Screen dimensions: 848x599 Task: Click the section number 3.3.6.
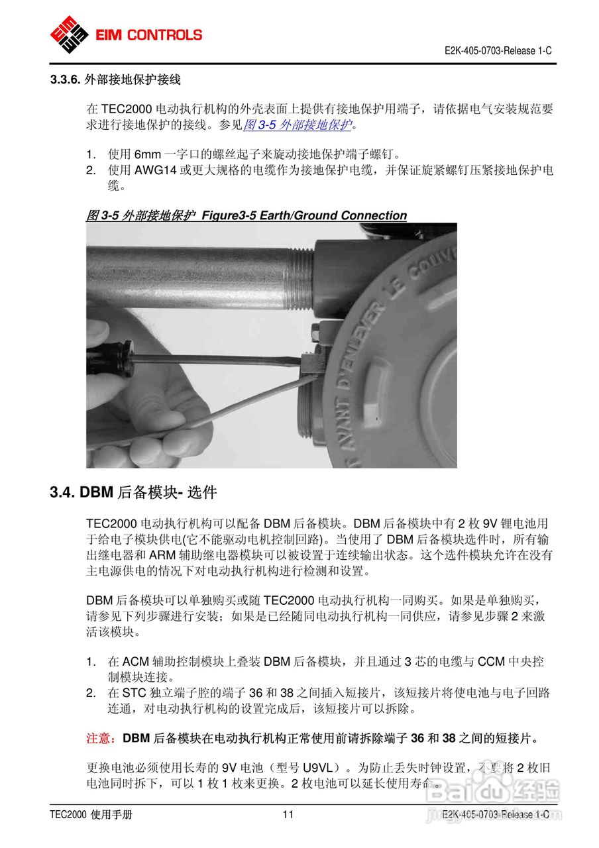(66, 80)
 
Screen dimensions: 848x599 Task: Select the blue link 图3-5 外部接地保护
(296, 124)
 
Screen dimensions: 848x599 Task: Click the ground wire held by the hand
(219, 407)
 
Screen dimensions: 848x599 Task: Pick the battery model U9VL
(319, 768)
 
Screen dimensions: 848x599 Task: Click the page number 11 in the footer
(288, 815)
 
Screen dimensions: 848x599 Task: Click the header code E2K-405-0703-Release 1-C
(498, 51)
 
